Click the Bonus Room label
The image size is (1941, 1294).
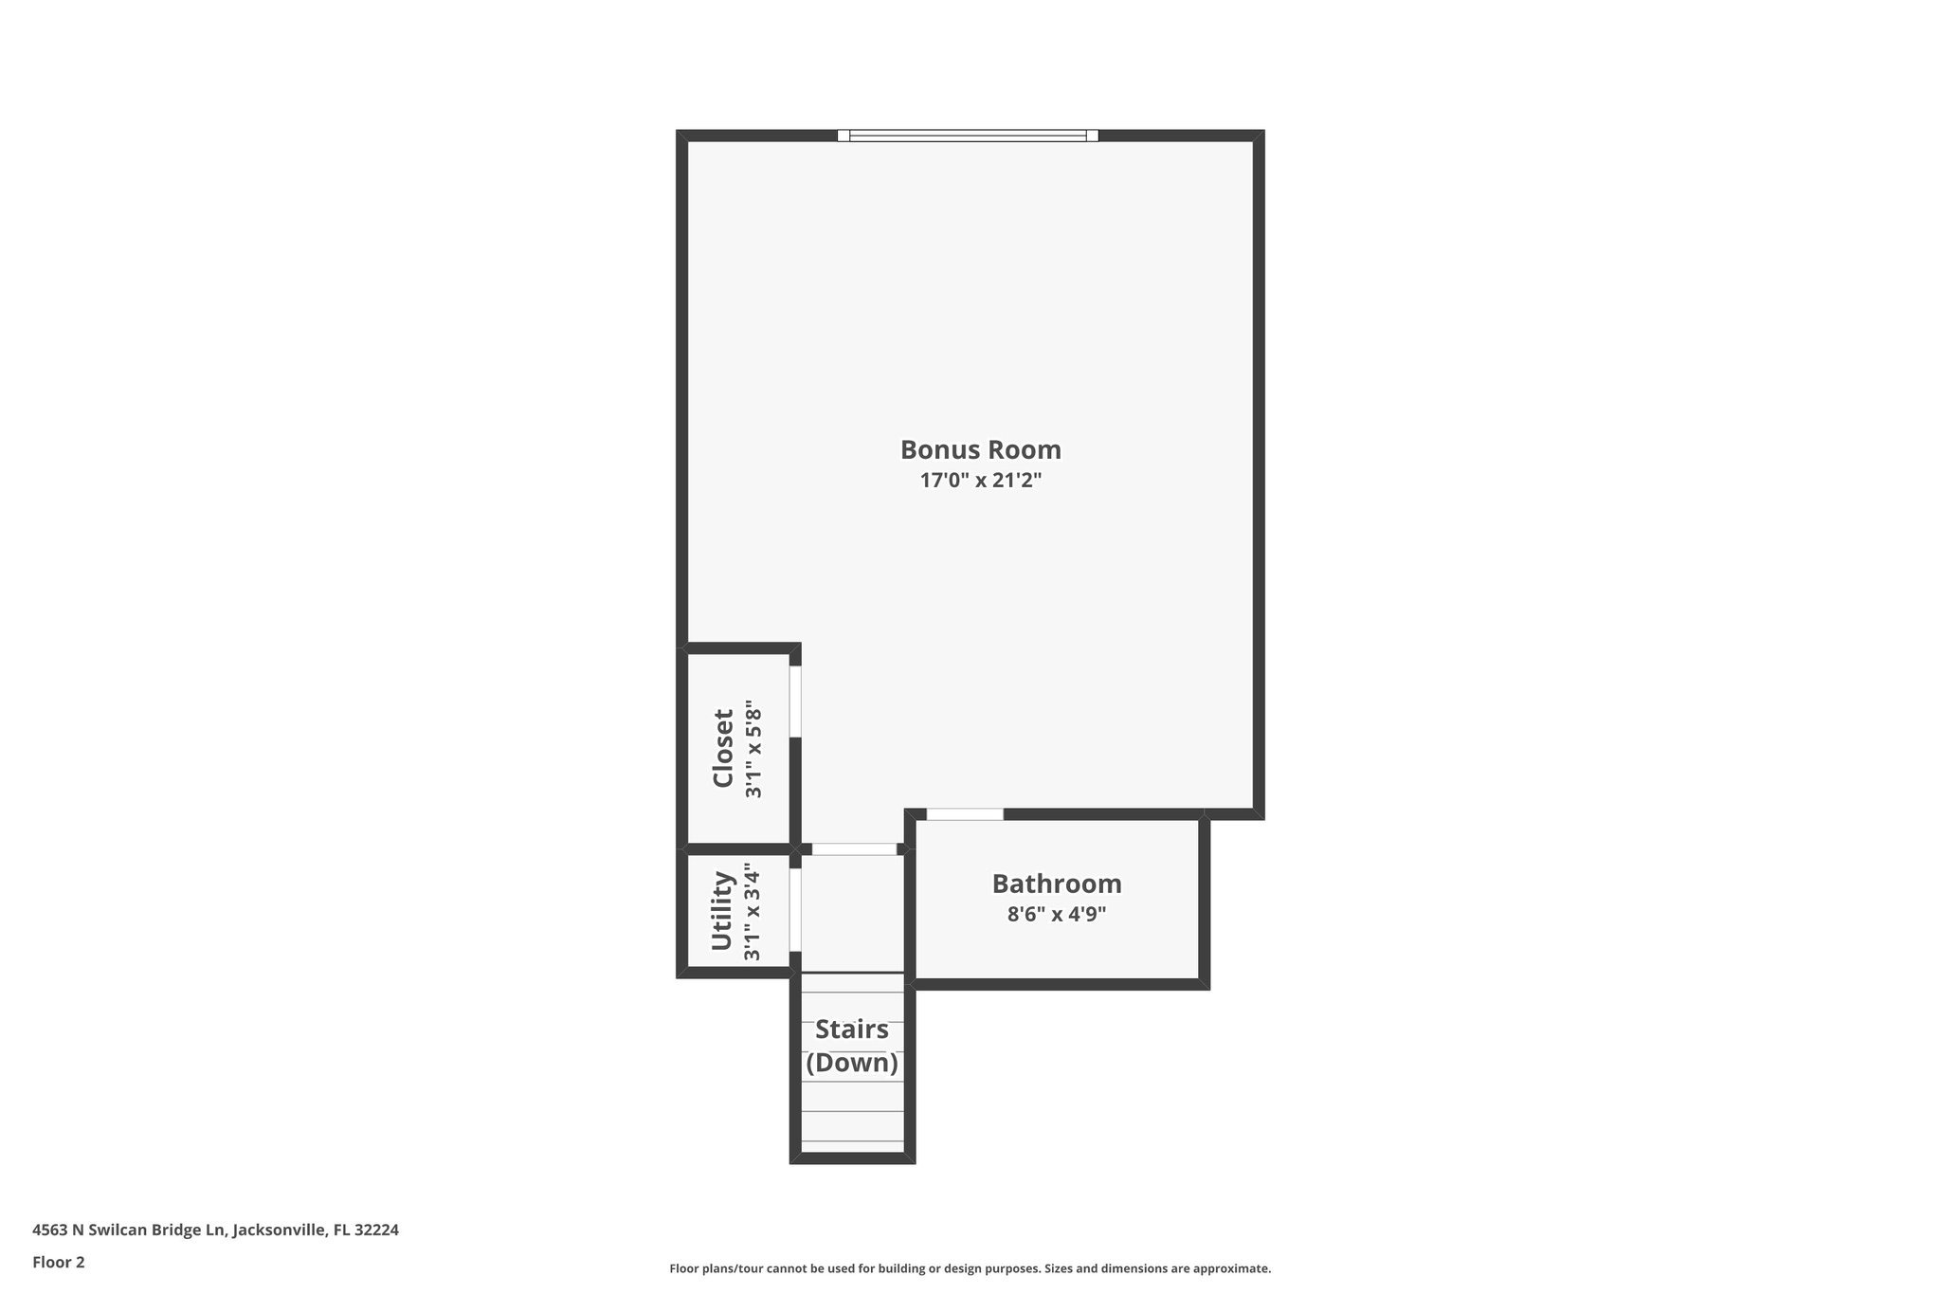tap(980, 449)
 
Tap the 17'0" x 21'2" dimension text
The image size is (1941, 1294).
tap(980, 481)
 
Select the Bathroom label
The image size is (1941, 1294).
tap(1057, 884)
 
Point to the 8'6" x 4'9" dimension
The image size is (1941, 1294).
tap(1057, 915)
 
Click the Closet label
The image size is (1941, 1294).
tap(723, 748)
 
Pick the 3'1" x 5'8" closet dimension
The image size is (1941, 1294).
tap(753, 749)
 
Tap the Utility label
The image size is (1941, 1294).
tap(723, 910)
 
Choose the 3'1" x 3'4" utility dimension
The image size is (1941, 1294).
tap(753, 911)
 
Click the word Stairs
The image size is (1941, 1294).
tap(852, 1029)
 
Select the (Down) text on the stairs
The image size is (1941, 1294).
tap(852, 1063)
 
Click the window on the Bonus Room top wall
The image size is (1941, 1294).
tap(968, 136)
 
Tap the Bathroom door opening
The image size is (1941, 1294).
tap(965, 814)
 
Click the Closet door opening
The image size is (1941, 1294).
tap(795, 702)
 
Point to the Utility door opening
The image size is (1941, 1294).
tap(795, 909)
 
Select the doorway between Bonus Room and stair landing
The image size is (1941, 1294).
tap(854, 849)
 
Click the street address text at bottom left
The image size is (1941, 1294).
tap(215, 1230)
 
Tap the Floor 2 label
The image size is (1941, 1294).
tap(59, 1262)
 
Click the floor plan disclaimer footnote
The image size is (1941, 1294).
tap(970, 1268)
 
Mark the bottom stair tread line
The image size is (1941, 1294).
tap(852, 1140)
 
